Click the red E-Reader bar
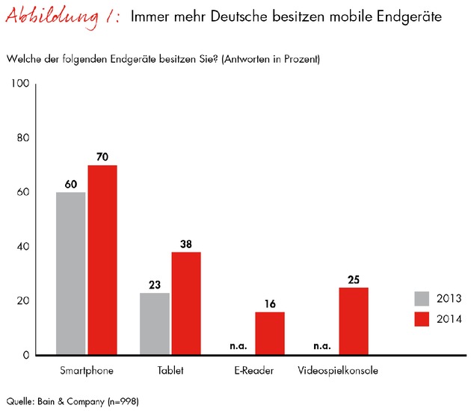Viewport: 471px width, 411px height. click(270, 333)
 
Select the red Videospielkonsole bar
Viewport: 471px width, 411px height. click(354, 321)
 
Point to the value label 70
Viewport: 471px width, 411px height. click(102, 157)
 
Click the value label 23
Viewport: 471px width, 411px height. click(155, 285)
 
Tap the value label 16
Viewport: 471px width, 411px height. click(270, 304)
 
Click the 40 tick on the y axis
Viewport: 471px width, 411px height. click(22, 247)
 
